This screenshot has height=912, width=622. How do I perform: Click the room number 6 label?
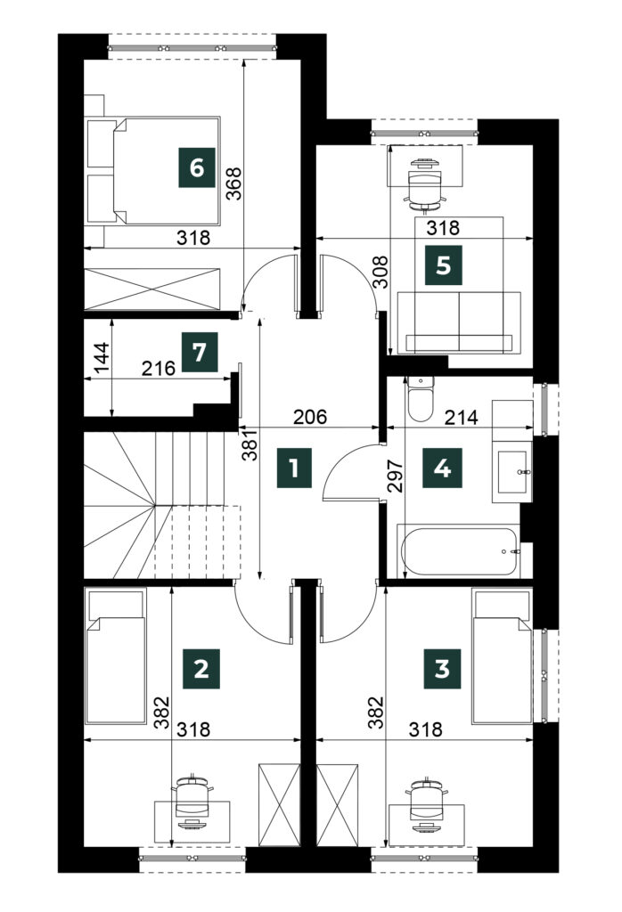click(x=197, y=168)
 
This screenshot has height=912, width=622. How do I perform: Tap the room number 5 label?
click(x=444, y=265)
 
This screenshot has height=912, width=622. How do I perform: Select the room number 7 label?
click(x=200, y=352)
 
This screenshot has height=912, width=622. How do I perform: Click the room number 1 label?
click(x=294, y=467)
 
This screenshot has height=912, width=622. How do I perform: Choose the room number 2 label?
click(x=201, y=669)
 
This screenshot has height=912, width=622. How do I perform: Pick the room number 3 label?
click(x=442, y=669)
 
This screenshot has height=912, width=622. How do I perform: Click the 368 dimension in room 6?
click(x=233, y=183)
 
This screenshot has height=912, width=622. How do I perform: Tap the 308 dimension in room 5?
click(x=381, y=273)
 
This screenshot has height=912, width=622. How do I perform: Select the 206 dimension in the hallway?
click(x=309, y=417)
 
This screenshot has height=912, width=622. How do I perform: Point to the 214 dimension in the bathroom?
click(x=461, y=417)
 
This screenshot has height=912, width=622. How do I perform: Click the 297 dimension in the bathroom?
click(x=395, y=476)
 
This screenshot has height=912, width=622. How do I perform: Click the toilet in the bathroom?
click(x=420, y=398)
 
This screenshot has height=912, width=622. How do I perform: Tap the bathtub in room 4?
click(x=459, y=550)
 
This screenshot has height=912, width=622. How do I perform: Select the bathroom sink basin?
click(x=512, y=471)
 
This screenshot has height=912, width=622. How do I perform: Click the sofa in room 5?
click(x=459, y=322)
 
